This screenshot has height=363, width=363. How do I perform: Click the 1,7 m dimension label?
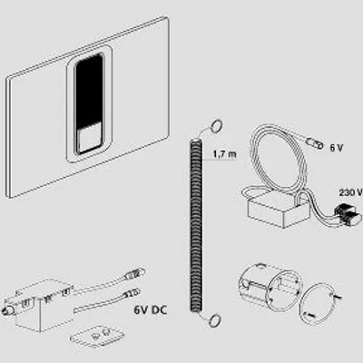(224, 154)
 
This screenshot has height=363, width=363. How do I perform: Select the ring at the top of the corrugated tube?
(216, 125)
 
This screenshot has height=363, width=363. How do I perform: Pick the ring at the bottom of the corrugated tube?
(214, 319)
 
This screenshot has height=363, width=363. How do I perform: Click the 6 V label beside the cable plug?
(337, 148)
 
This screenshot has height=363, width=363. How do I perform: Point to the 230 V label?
(350, 192)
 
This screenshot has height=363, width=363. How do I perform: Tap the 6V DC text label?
(151, 309)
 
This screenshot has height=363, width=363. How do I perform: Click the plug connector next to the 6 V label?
(315, 143)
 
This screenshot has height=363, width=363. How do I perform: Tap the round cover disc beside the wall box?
(317, 303)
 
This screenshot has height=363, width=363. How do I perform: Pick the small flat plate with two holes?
(97, 335)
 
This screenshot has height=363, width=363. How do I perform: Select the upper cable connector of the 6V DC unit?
(133, 274)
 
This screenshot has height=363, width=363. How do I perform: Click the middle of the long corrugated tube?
(196, 225)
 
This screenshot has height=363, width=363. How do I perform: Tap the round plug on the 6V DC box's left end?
(7, 310)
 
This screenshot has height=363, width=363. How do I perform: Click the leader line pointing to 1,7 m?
(212, 160)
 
